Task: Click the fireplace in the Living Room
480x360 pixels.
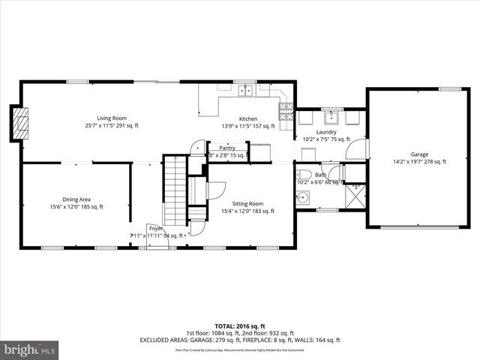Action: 22,122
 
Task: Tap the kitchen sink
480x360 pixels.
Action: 245,91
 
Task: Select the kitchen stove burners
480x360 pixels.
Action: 286,112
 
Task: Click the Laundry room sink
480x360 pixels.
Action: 331,117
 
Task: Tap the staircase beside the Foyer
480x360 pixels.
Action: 174,195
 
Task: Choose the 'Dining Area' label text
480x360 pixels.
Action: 76,199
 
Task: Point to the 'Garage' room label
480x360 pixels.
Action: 419,154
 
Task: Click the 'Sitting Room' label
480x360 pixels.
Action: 247,203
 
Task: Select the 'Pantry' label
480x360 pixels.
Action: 227,148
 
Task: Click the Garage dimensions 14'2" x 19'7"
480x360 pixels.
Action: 419,161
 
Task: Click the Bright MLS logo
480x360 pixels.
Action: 30,349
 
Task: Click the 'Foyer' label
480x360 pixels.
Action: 155,227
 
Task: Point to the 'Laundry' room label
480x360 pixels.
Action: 325,132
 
